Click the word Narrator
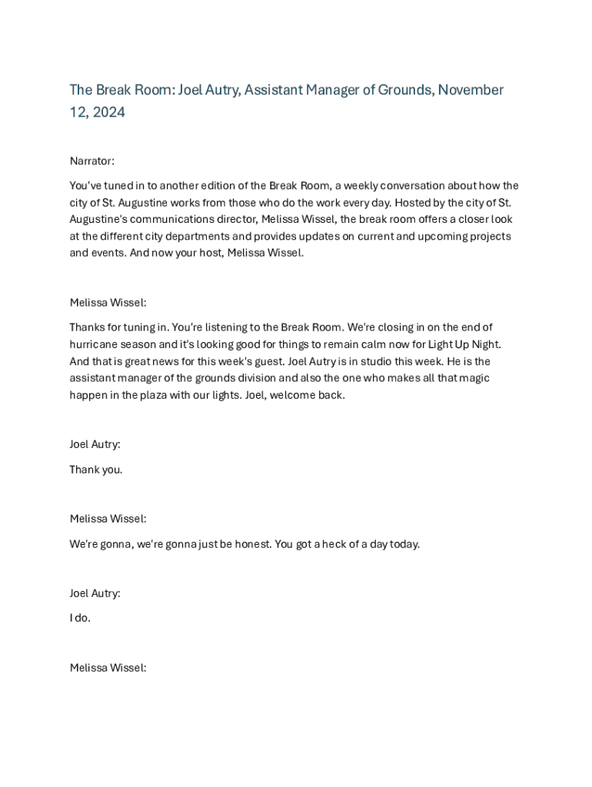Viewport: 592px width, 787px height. coord(91,161)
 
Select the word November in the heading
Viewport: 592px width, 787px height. coord(471,90)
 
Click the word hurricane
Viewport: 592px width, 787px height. coord(93,344)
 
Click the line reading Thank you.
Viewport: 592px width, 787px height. coord(95,470)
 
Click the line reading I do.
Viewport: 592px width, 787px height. coord(80,618)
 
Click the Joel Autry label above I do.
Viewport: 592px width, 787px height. coord(95,593)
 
